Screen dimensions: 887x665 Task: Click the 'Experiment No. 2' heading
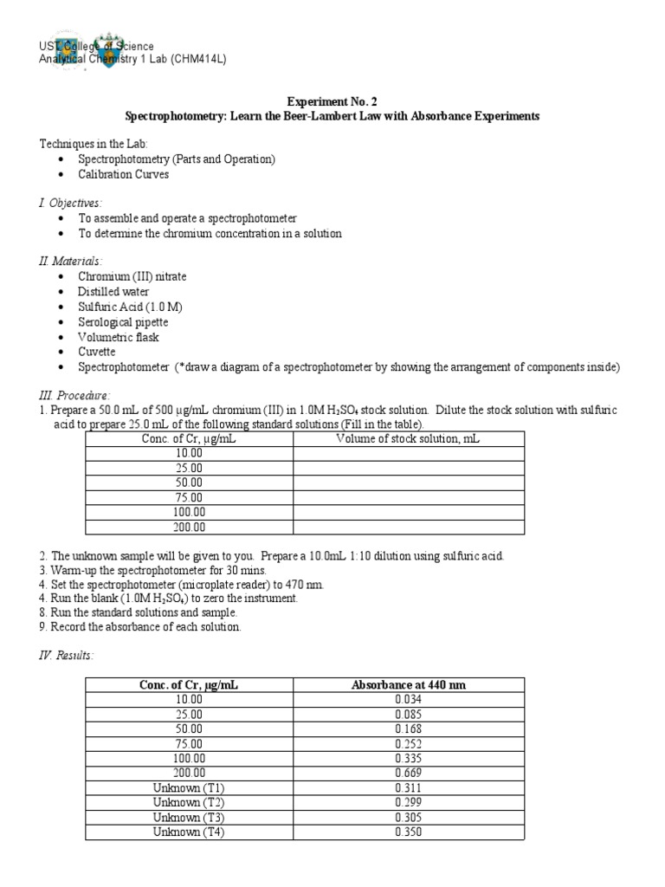click(x=332, y=100)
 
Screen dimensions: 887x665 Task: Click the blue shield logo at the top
click(x=107, y=52)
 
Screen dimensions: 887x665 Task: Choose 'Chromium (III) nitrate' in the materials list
click(x=132, y=276)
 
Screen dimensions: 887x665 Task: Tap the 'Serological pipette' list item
click(x=124, y=322)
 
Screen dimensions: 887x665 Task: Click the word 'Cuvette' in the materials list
click(x=97, y=353)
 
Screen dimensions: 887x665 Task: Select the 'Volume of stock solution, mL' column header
click(x=408, y=439)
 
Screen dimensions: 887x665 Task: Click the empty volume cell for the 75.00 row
click(x=408, y=497)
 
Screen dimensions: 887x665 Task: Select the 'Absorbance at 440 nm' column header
click(x=408, y=684)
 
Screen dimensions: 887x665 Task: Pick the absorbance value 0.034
click(x=408, y=700)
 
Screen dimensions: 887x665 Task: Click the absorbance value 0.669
click(x=408, y=773)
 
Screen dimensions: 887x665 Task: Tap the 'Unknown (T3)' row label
click(x=189, y=817)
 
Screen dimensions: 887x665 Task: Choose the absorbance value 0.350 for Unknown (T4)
click(x=408, y=832)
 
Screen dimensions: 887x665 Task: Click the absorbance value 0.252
click(x=408, y=743)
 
